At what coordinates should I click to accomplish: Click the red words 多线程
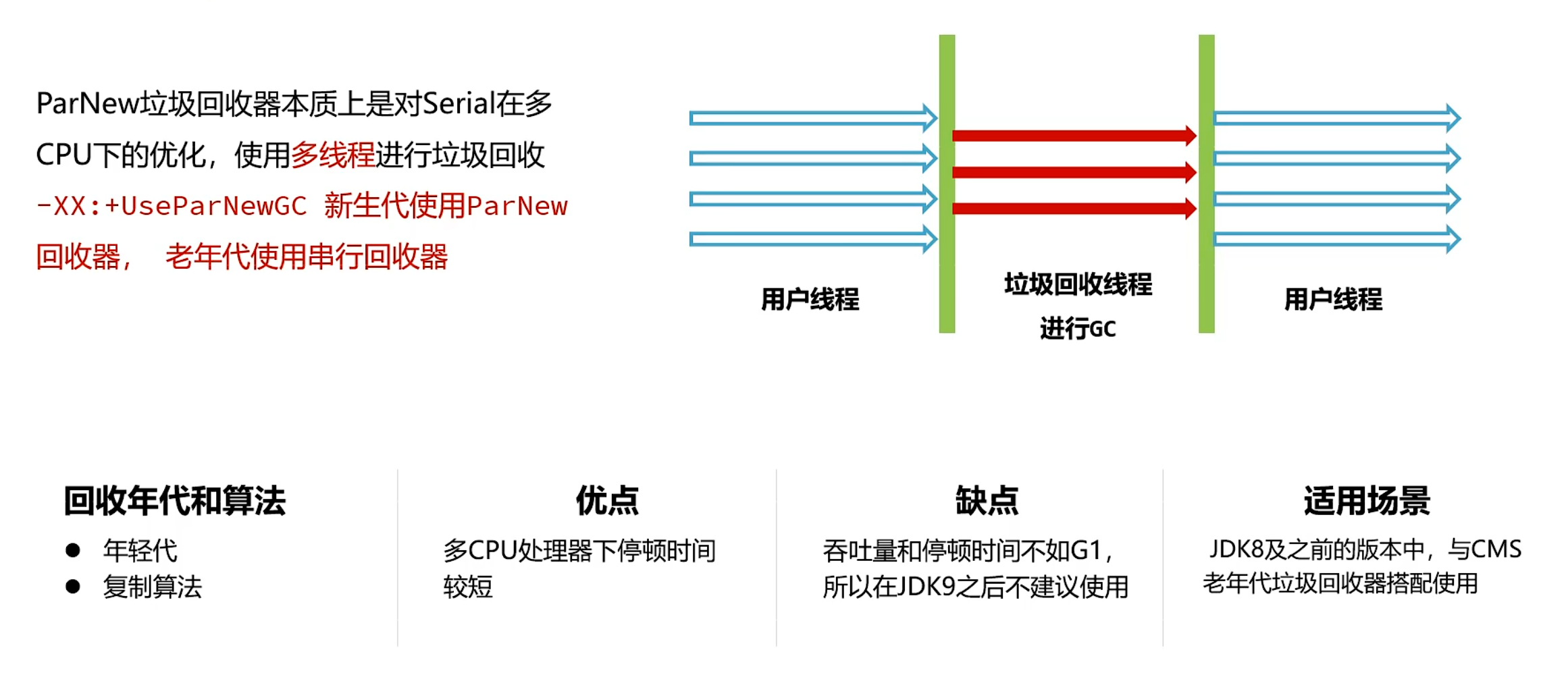pos(332,155)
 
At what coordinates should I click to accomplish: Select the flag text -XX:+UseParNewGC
pos(172,206)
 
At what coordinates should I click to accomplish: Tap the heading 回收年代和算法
pos(175,501)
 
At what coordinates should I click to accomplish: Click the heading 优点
pos(607,501)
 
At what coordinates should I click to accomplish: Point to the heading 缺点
pos(987,501)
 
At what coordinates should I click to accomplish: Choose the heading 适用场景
pos(1367,501)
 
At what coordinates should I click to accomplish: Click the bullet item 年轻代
pos(140,551)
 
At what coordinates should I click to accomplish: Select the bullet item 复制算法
pos(153,587)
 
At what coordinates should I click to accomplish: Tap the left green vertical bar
pos(947,184)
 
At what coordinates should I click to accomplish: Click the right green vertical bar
pos(1206,184)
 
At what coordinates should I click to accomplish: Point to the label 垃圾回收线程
pos(1078,285)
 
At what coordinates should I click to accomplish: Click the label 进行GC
pos(1078,329)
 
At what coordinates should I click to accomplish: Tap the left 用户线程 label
pos(810,299)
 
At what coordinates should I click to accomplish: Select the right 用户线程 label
pos(1333,299)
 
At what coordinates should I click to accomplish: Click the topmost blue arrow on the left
pos(810,119)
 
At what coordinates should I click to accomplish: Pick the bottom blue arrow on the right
pos(1336,239)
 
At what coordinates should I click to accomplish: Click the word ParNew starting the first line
pos(87,104)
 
